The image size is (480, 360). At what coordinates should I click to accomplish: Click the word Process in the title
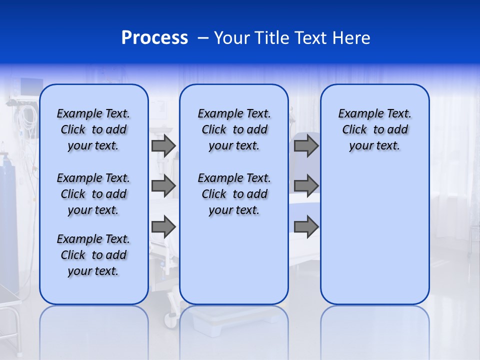[154, 38]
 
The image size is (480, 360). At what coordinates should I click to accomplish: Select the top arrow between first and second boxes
[163, 145]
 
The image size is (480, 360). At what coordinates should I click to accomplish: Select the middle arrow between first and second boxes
[163, 186]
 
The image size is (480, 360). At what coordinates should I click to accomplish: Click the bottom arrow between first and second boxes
[163, 227]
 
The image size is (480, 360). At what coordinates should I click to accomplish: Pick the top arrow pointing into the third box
[306, 145]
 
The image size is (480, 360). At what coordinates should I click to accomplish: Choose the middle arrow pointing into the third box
[306, 186]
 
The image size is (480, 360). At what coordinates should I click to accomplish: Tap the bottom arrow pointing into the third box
[306, 227]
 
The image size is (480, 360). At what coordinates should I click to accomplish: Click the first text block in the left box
[93, 129]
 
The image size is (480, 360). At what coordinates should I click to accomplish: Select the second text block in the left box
[93, 194]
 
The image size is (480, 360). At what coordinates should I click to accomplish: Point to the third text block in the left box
[93, 255]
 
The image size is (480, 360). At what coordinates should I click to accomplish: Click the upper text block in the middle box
[234, 129]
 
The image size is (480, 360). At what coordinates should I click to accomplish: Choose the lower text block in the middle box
[234, 194]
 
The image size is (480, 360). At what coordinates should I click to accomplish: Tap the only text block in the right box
[374, 129]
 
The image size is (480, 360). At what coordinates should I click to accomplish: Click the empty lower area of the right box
[374, 235]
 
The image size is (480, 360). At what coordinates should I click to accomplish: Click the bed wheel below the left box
[171, 320]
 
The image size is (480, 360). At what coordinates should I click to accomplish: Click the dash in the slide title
[203, 38]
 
